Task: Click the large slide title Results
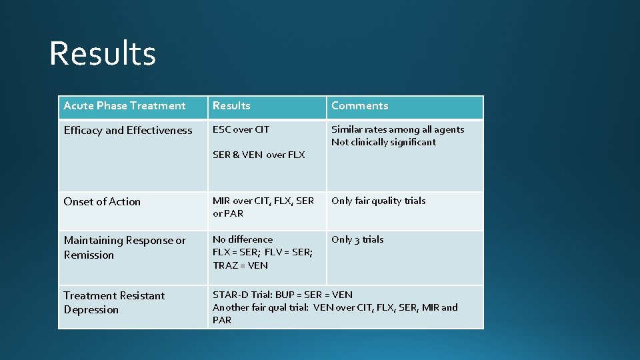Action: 103,53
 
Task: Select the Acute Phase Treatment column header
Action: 125,106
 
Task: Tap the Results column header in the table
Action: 231,106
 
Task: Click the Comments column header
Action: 359,106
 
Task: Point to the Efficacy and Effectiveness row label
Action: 128,131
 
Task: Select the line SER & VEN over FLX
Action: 259,155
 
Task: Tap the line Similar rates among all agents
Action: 397,130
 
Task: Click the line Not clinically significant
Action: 383,142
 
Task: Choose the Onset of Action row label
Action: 102,202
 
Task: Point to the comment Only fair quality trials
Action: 378,201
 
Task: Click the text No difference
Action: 243,239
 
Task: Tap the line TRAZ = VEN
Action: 240,265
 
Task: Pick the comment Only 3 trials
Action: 357,239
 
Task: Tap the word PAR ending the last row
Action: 222,320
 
